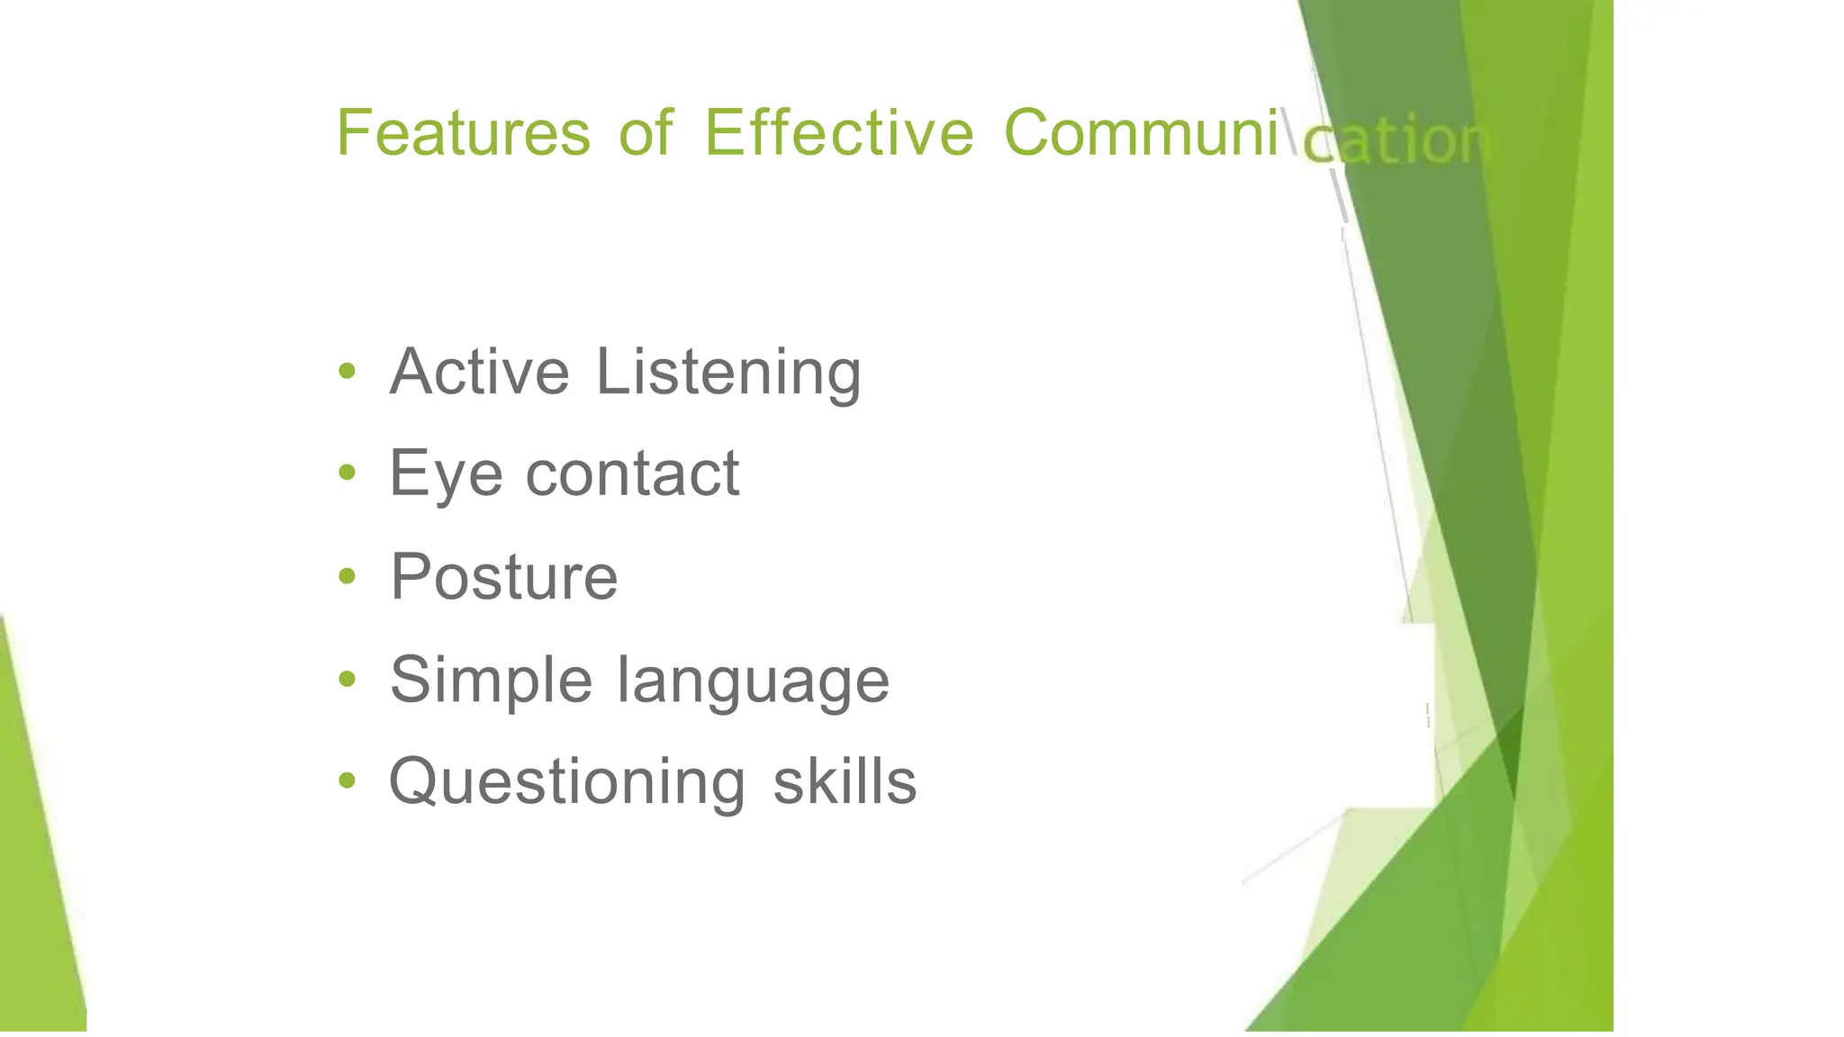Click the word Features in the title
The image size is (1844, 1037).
463,133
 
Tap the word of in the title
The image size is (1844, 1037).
646,133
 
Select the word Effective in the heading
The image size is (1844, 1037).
838,133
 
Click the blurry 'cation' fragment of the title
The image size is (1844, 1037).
1396,142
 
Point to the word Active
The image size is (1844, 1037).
479,372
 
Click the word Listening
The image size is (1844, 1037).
728,374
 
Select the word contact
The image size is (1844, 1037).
632,473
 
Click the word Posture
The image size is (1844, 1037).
503,577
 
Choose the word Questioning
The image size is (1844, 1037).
567,782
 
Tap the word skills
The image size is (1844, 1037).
845,781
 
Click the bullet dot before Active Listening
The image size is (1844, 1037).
347,370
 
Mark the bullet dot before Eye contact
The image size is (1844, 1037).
347,473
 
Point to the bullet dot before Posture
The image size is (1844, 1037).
347,575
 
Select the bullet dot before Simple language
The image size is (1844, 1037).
347,678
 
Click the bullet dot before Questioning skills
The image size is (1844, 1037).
347,780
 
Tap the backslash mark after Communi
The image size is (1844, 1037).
1289,133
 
